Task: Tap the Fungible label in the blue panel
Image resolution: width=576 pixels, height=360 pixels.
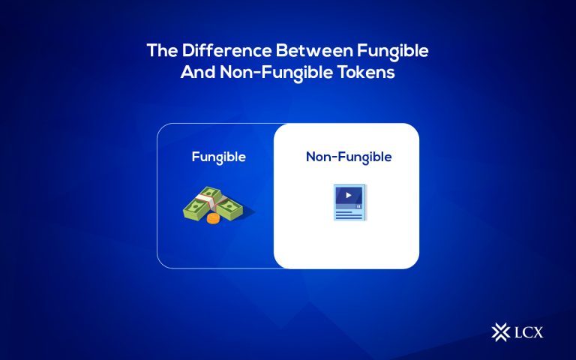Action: click(218, 157)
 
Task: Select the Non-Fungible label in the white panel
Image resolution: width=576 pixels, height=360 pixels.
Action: click(348, 157)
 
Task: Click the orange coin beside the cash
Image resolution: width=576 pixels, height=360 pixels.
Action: click(212, 217)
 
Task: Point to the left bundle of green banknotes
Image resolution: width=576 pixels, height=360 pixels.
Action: click(198, 205)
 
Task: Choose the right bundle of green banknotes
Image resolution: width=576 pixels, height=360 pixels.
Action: click(229, 208)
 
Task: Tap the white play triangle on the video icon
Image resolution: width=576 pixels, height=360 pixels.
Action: click(348, 195)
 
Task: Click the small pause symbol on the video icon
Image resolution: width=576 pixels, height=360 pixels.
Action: click(359, 203)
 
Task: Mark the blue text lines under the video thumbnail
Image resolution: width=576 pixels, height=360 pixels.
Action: click(346, 214)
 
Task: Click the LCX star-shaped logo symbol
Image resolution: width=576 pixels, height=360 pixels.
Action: click(499, 331)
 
